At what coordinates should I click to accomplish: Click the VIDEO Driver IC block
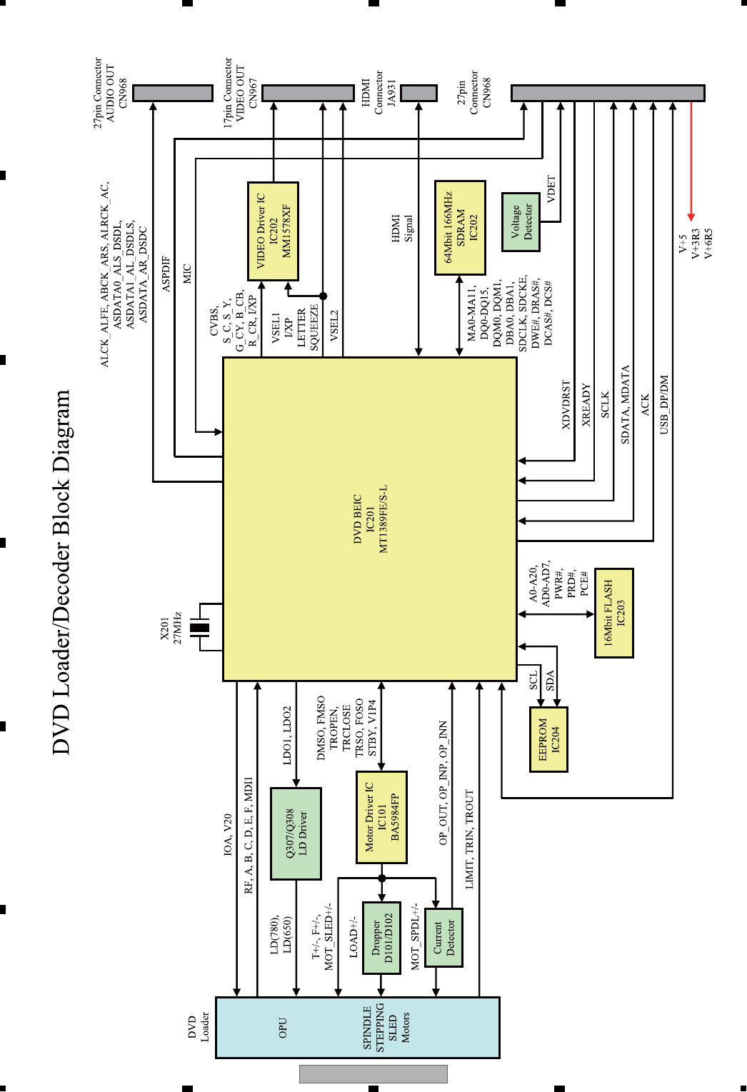pos(273,231)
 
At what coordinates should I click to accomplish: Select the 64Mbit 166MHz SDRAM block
pos(460,228)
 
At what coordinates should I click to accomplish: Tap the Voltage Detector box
pos(521,221)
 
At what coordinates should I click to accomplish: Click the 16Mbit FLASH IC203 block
pos(613,613)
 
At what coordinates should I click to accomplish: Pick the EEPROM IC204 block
pos(548,739)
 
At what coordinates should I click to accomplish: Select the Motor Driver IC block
pos(381,817)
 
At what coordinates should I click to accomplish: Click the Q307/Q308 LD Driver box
pos(296,833)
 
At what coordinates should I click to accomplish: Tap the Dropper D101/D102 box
pos(381,938)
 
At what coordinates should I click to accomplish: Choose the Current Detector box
pos(443,938)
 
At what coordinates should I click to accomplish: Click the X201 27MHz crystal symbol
pos(200,628)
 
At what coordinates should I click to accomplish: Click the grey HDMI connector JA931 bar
pos(418,93)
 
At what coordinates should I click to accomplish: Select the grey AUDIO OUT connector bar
pos(173,93)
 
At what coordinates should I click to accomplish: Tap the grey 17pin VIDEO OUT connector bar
pos(308,93)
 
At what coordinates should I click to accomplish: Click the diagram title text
pos(62,571)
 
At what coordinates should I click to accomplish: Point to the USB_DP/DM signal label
pos(664,404)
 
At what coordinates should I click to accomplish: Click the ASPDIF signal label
pos(166,274)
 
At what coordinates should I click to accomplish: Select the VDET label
pos(551,189)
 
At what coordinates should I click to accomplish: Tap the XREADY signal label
pos(586,404)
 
